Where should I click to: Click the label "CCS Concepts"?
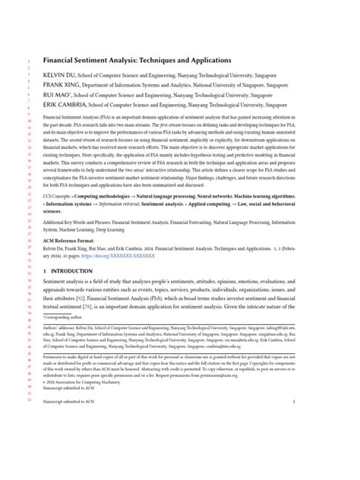click(x=58, y=196)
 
